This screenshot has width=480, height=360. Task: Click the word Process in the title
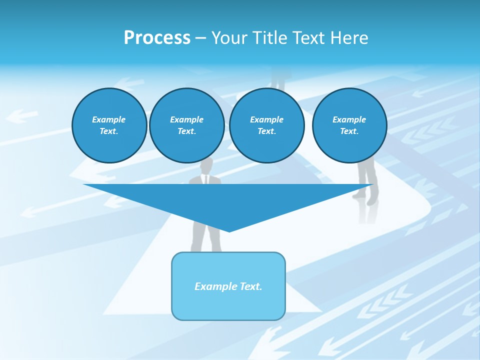pyautogui.click(x=157, y=38)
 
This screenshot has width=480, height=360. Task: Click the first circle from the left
pyautogui.click(x=109, y=125)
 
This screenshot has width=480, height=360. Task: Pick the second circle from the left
pyautogui.click(x=186, y=125)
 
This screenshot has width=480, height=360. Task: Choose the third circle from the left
pyautogui.click(x=266, y=125)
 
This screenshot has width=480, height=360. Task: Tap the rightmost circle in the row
pyautogui.click(x=349, y=125)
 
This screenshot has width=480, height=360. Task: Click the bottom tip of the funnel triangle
pyautogui.click(x=229, y=230)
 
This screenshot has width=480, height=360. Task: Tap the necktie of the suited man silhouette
pyautogui.click(x=205, y=179)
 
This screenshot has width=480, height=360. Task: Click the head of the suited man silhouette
pyautogui.click(x=206, y=165)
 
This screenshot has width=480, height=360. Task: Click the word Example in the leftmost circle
pyautogui.click(x=109, y=119)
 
